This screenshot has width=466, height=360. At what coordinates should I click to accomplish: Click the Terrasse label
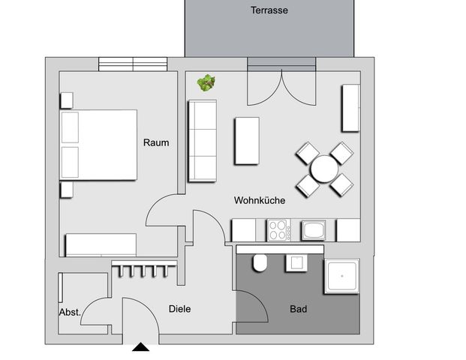(x=269, y=10)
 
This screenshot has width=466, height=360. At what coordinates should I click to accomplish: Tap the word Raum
(x=156, y=142)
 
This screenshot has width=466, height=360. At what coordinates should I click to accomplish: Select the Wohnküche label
(x=260, y=200)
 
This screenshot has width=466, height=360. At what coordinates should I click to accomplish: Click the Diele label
(x=179, y=308)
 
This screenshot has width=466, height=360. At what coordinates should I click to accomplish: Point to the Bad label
(x=298, y=308)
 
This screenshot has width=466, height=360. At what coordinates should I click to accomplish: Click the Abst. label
(x=70, y=312)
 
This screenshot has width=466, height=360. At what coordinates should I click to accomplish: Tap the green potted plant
(x=206, y=82)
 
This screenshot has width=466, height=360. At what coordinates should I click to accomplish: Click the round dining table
(x=324, y=169)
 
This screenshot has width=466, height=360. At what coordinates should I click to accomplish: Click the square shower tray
(x=341, y=277)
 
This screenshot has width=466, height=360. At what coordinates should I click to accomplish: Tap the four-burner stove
(x=278, y=229)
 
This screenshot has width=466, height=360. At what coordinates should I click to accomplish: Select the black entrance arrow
(x=140, y=347)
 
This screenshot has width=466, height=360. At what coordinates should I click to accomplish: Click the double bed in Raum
(x=99, y=145)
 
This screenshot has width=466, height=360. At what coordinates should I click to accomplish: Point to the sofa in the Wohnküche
(x=202, y=140)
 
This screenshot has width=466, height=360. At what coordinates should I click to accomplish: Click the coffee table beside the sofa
(x=247, y=141)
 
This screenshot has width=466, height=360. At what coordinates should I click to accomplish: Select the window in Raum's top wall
(x=133, y=64)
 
